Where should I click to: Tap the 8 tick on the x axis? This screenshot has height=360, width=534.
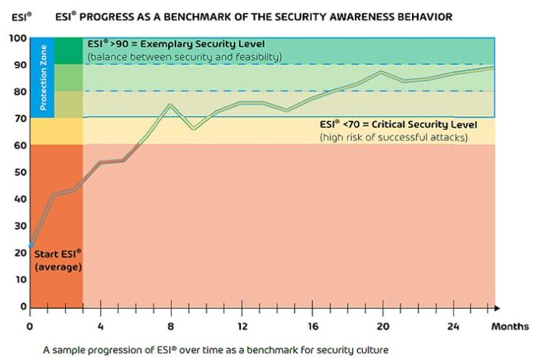[x=170, y=325]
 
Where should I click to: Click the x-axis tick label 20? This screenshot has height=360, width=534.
[x=381, y=325]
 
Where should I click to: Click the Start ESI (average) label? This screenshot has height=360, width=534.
[x=58, y=259]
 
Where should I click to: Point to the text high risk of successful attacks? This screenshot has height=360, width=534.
[x=393, y=137]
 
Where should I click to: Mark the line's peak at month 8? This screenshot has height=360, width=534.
[x=170, y=104]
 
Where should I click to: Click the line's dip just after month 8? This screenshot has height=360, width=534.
[x=193, y=129]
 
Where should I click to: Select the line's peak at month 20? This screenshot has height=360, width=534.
[x=381, y=72]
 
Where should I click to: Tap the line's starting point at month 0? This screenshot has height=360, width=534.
[x=31, y=245]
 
